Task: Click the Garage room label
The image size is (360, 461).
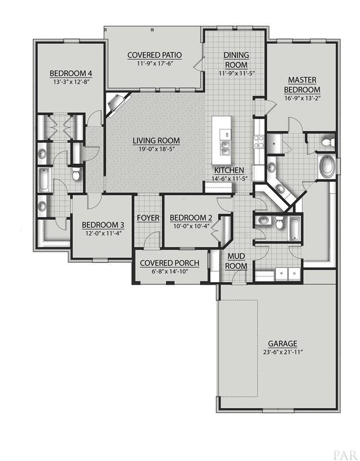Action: [x=282, y=343]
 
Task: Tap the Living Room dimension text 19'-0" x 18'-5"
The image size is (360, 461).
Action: [x=155, y=149]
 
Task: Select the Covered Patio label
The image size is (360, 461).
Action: [x=155, y=55]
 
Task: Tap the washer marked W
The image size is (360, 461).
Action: [x=281, y=274]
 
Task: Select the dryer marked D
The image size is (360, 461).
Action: [x=294, y=274]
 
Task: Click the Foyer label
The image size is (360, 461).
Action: [x=148, y=218]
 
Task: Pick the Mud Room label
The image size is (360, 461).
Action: [x=236, y=261]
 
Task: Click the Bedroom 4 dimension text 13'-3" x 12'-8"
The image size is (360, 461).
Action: [x=71, y=82]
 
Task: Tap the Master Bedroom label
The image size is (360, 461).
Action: [x=302, y=84]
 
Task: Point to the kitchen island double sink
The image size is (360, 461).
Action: [x=225, y=148]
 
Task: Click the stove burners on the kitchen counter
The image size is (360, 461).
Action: [x=259, y=142]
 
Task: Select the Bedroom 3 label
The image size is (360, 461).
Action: [x=103, y=225]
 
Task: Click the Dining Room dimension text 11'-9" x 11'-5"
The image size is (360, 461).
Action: [x=236, y=74]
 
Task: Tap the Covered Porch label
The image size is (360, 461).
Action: [x=169, y=263]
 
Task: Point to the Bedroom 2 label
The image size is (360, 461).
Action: [x=191, y=218]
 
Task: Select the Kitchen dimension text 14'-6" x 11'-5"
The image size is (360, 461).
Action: [x=229, y=178]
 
